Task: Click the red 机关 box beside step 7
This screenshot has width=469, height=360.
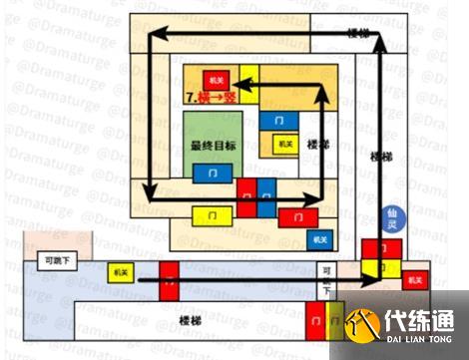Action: [213, 79]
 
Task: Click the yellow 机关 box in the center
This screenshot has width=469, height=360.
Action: [287, 144]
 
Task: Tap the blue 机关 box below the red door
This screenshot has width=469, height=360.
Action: [319, 239]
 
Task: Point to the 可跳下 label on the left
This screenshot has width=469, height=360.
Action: [47, 261]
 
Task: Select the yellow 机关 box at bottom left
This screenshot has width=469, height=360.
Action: [122, 270]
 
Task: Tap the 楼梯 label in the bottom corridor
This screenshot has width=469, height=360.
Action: [190, 319]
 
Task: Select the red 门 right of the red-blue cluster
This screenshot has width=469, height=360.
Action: [296, 215]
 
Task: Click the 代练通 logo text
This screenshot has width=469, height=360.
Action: [418, 323]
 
